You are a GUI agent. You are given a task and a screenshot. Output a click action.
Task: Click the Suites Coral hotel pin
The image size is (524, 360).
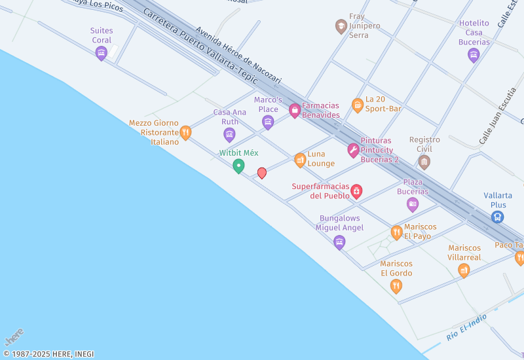tap(101, 52)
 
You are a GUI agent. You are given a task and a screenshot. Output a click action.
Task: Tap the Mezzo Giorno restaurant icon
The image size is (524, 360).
tap(185, 132)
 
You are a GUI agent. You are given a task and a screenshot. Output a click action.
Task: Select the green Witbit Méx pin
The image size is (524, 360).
tap(238, 166)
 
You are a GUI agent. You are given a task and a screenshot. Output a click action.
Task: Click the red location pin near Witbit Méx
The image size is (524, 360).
tap(262, 173)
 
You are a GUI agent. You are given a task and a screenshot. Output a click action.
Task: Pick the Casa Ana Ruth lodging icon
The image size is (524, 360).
tap(229, 134)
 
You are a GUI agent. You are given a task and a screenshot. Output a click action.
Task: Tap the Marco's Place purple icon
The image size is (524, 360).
tap(268, 122)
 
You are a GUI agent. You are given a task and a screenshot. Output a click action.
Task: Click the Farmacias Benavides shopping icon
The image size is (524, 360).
tap(295, 110)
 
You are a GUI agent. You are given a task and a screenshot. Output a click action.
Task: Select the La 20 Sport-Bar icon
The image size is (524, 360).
tap(358, 105)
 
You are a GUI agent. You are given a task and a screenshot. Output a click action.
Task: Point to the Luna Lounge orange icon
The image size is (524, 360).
tap(300, 159)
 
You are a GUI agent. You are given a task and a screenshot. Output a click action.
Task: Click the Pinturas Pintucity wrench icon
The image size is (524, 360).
tap(353, 151)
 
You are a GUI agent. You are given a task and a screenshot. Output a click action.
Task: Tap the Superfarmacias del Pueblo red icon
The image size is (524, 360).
tap(356, 191)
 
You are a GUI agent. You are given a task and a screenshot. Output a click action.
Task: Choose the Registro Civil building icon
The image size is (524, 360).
tap(424, 161)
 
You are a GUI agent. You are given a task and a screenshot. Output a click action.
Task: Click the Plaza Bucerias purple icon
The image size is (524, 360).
tap(413, 204)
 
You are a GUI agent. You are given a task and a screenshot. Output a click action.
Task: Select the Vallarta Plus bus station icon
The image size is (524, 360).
tap(498, 215)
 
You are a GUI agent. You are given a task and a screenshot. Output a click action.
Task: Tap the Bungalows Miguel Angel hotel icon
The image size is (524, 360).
tap(339, 242)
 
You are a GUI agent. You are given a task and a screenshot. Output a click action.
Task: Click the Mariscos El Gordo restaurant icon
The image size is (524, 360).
tap(396, 285)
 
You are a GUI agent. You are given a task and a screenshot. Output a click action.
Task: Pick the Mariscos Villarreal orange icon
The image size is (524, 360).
tap(464, 270)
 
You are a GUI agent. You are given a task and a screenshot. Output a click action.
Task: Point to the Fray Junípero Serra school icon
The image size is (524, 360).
tap(341, 26)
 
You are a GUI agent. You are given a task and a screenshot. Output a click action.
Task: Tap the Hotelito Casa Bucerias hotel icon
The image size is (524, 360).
tap(474, 54)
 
